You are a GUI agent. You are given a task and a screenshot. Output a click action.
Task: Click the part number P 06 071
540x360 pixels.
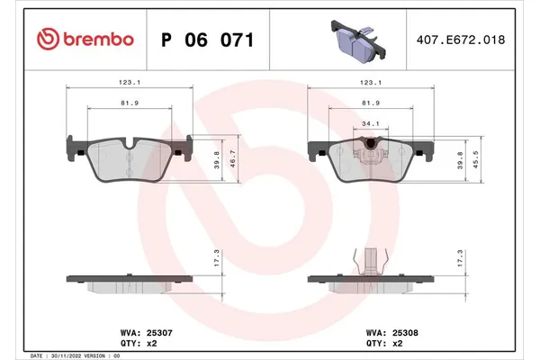tap(206, 40)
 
